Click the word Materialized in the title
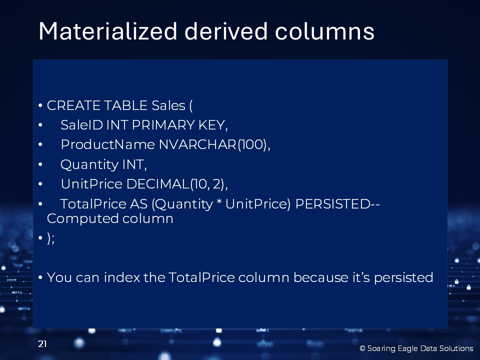[x=108, y=31]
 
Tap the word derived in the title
[x=226, y=31]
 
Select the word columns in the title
[x=325, y=31]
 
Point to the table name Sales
[x=168, y=105]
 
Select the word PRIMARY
[x=163, y=125]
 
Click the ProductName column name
[x=108, y=144]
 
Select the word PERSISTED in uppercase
[x=333, y=204]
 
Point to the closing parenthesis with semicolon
[x=51, y=238]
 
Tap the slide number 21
[x=42, y=344]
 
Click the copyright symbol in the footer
[x=362, y=348]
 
